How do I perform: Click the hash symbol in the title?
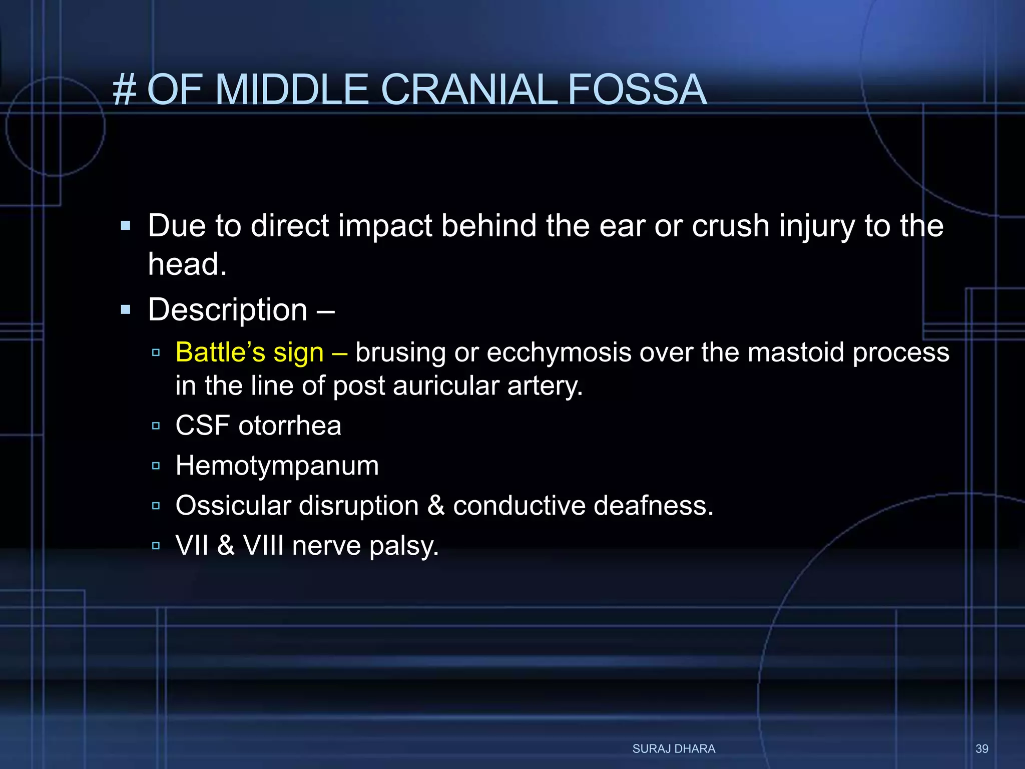click(x=125, y=90)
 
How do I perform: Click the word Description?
click(x=228, y=310)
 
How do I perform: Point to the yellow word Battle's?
click(x=220, y=352)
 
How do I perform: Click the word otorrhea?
click(x=290, y=426)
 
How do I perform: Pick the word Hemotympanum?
click(x=277, y=466)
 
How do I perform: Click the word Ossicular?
click(x=233, y=506)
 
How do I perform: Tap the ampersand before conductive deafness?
click(x=436, y=506)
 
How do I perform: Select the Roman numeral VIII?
click(x=263, y=545)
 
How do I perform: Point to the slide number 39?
click(x=981, y=749)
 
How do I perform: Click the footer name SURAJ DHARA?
click(x=674, y=749)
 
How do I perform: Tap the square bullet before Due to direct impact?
click(x=126, y=226)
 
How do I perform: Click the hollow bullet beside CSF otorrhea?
click(x=156, y=426)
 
